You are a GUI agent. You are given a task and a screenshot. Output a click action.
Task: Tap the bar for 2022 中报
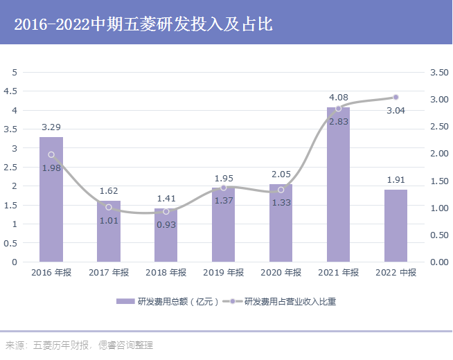click(x=396, y=226)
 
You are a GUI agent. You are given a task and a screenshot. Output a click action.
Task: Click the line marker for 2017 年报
click(x=109, y=207)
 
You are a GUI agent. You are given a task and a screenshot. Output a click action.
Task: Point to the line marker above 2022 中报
click(x=396, y=97)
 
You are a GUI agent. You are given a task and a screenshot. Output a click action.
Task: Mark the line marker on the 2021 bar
click(x=338, y=108)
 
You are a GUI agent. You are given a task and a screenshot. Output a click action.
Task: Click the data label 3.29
click(x=51, y=127)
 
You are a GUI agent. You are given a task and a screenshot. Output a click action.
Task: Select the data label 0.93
click(x=166, y=225)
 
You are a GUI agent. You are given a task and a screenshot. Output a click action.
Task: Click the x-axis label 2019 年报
click(x=223, y=273)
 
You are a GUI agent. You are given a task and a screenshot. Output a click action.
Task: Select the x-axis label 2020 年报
click(x=281, y=273)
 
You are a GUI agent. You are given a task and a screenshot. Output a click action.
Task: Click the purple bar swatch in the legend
click(x=125, y=302)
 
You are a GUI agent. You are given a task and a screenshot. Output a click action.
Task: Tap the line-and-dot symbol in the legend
click(x=232, y=302)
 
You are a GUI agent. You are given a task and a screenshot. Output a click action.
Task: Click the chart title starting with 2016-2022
click(x=143, y=25)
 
